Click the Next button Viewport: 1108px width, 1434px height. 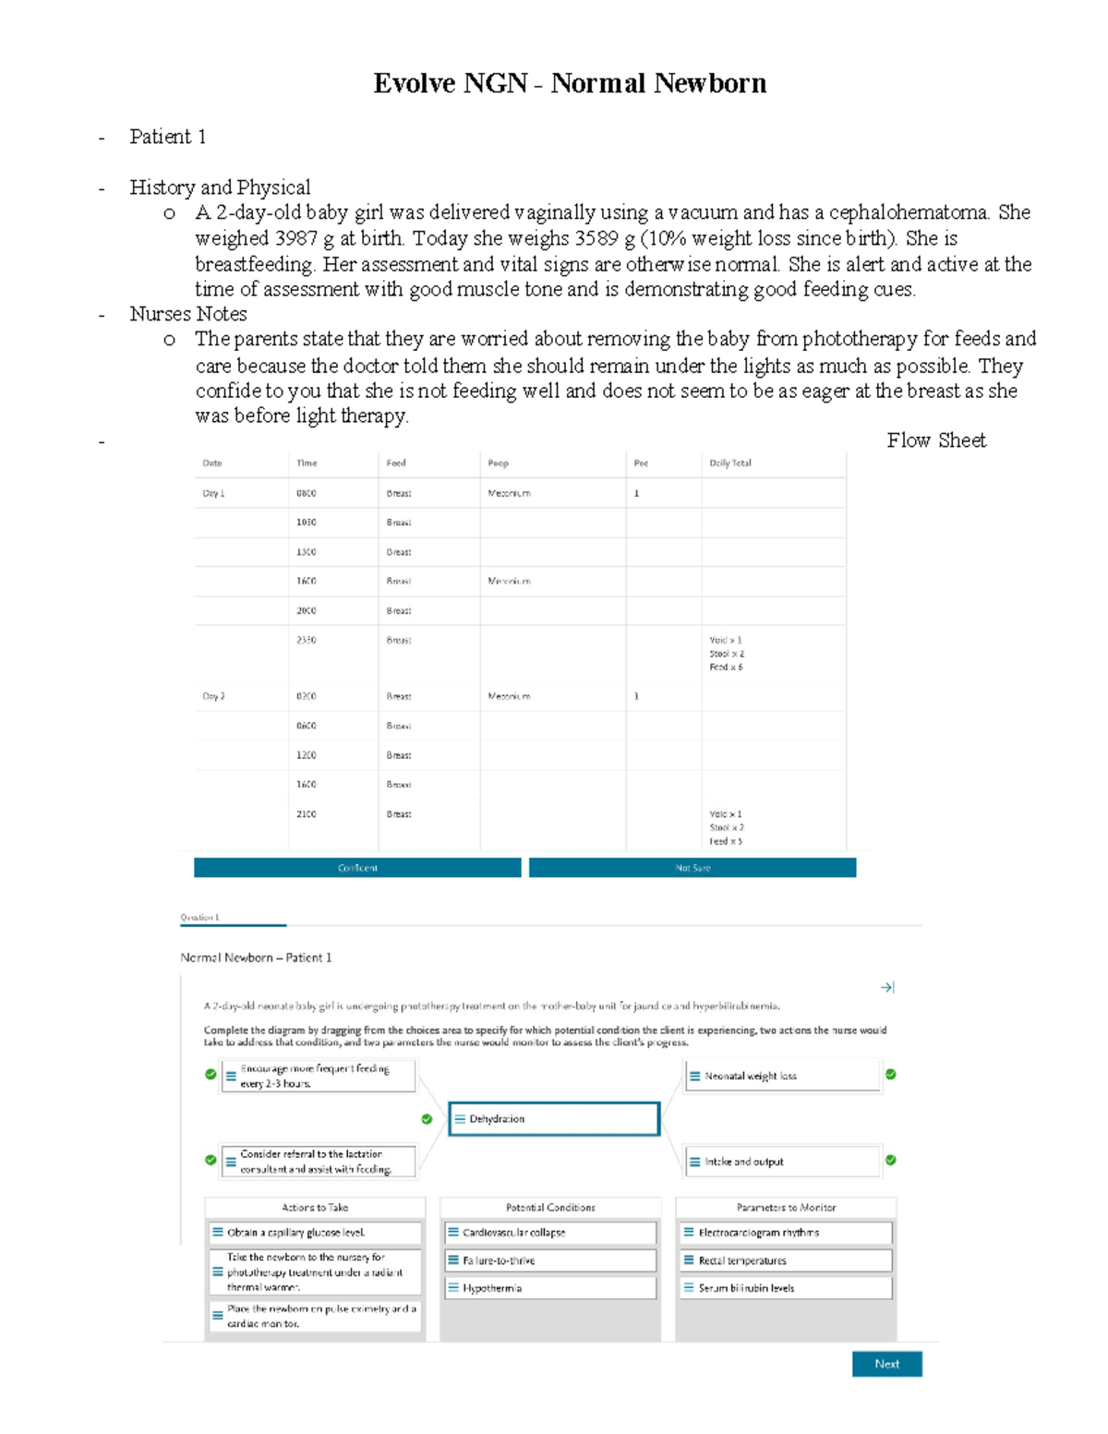coord(886,1364)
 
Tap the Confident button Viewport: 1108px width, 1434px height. coord(357,868)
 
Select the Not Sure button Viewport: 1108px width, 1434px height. coord(692,868)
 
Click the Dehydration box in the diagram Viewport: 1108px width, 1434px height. coord(554,1118)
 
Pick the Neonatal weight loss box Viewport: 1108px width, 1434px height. coord(783,1076)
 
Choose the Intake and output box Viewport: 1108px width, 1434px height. coord(783,1162)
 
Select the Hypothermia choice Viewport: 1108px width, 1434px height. coord(550,1287)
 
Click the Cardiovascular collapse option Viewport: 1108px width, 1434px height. coord(550,1233)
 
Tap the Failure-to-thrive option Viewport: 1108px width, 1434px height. coord(550,1260)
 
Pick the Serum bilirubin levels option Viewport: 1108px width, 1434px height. coord(787,1287)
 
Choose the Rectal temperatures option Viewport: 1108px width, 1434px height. coord(787,1260)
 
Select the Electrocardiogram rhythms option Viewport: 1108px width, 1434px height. coord(787,1233)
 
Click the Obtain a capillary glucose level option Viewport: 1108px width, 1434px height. coord(315,1233)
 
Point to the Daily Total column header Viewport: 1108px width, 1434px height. coord(730,463)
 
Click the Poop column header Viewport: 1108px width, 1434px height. coord(498,463)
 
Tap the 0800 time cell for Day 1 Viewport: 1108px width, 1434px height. coord(306,493)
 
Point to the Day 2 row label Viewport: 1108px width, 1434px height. coord(213,696)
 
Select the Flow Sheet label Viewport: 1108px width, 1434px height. coord(935,440)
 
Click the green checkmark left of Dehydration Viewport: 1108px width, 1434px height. coord(427,1119)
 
